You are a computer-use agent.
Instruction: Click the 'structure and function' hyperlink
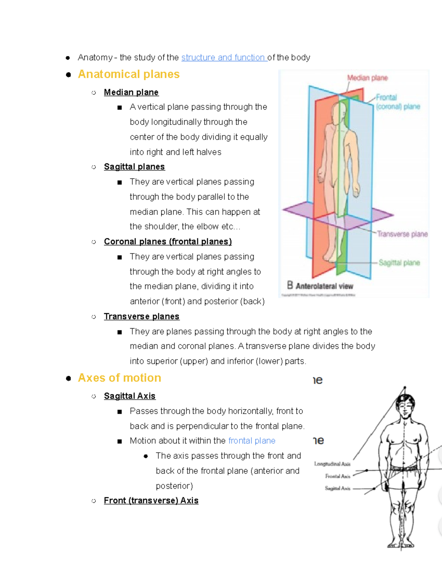coord(224,57)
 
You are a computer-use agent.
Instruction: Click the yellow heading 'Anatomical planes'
coord(129,74)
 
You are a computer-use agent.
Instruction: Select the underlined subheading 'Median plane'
coord(131,92)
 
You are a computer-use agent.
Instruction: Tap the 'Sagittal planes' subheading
coord(134,166)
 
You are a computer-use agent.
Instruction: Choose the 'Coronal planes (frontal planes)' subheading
coord(168,241)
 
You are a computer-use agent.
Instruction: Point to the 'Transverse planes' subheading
coord(141,316)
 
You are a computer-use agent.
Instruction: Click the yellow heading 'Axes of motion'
coord(119,378)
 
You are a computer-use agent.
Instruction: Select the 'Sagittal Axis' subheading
coord(130,396)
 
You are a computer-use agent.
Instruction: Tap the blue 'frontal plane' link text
coord(252,441)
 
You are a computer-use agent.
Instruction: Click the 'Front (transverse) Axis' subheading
coord(151,501)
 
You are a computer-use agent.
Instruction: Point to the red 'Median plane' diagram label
coord(367,78)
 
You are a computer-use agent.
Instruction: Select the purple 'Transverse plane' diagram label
coord(402,234)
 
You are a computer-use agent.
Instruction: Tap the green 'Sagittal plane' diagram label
coord(399,263)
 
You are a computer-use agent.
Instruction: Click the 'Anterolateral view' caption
coord(324,286)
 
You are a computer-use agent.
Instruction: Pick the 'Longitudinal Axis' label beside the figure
coord(332,464)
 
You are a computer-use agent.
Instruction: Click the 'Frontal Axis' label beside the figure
coord(337,476)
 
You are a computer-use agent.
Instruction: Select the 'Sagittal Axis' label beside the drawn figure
coord(337,488)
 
